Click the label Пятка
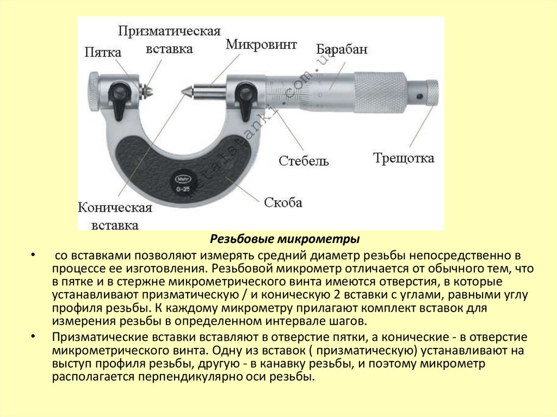[102, 52]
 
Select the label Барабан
[342, 49]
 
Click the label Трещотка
[404, 158]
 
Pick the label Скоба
[283, 202]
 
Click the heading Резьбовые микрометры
[285, 239]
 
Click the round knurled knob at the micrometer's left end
[93, 91]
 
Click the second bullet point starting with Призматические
[34, 335]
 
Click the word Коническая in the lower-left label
[114, 208]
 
